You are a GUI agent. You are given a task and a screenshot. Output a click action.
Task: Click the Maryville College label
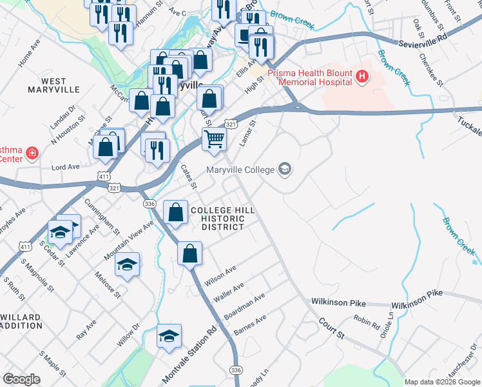click(x=240, y=170)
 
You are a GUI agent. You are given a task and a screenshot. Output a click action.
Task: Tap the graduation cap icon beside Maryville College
click(x=285, y=170)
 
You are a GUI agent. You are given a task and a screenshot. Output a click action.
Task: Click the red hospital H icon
click(x=362, y=77)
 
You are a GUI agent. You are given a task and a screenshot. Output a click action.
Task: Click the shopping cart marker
click(x=214, y=139)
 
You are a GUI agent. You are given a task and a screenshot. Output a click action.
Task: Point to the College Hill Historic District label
click(x=217, y=219)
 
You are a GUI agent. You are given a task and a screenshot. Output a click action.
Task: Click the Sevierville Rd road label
click(x=422, y=39)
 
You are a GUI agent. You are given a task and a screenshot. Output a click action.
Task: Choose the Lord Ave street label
click(x=65, y=166)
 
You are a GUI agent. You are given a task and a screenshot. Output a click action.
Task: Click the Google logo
click(x=22, y=379)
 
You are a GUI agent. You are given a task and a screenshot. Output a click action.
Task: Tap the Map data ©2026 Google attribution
click(x=442, y=382)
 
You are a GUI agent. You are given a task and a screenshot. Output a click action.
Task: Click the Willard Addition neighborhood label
click(x=21, y=322)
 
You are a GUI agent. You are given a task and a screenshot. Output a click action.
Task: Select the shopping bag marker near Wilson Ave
click(x=189, y=253)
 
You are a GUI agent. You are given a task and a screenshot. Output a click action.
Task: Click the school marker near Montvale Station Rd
click(x=169, y=336)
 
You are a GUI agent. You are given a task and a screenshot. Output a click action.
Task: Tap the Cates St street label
click(x=188, y=176)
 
